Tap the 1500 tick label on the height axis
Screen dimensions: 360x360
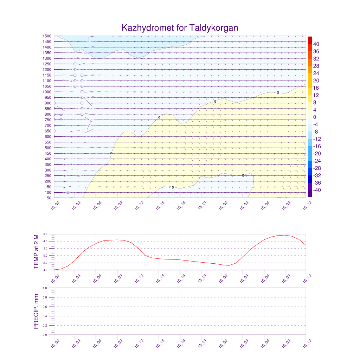click(x=47, y=36)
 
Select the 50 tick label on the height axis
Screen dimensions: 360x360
click(x=49, y=198)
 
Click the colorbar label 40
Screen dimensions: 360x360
click(x=316, y=44)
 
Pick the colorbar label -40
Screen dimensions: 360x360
click(x=315, y=190)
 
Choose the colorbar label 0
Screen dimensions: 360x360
click(x=315, y=117)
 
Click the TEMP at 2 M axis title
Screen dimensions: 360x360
click(x=36, y=252)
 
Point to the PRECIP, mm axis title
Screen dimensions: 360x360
click(x=36, y=311)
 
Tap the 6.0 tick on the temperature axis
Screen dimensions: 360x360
click(x=45, y=234)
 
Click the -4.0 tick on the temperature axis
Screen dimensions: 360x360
click(x=45, y=270)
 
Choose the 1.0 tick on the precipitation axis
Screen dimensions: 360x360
click(x=45, y=288)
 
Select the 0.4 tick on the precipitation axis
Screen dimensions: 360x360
click(x=45, y=316)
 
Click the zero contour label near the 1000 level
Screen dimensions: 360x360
click(x=278, y=93)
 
